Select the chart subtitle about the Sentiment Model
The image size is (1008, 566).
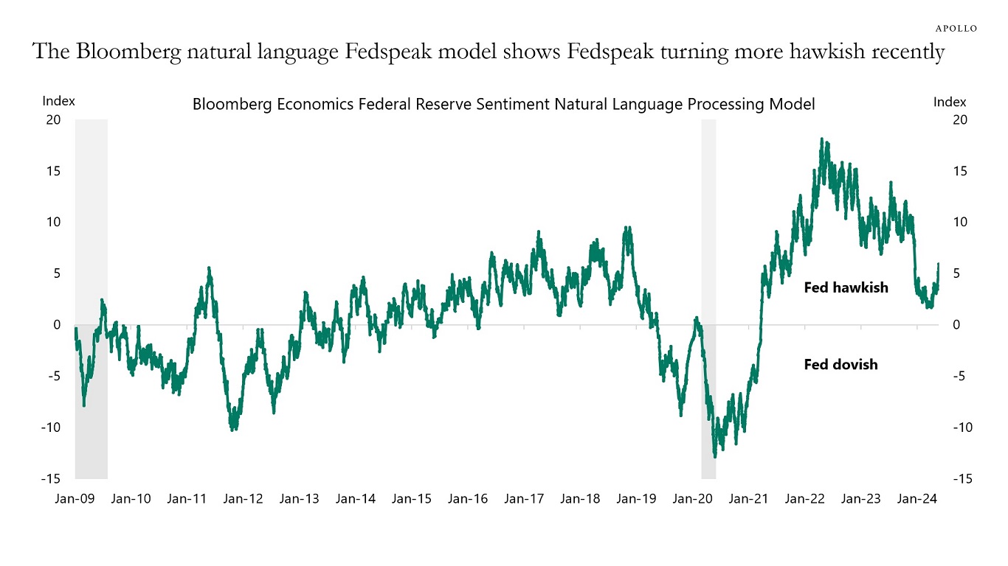click(503, 105)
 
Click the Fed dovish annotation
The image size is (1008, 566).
click(840, 364)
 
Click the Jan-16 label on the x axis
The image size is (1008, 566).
click(468, 499)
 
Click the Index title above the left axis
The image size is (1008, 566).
click(59, 102)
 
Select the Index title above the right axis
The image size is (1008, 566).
click(950, 102)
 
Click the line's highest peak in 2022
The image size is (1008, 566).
click(822, 139)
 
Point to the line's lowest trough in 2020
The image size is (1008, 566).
click(714, 456)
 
